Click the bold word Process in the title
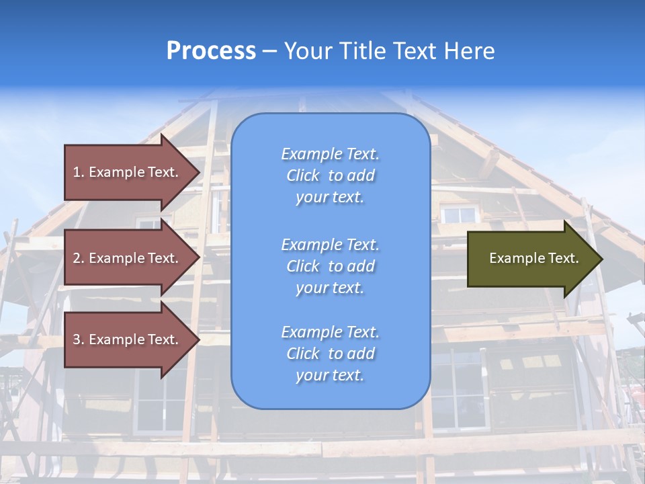tap(211, 51)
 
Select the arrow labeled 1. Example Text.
tap(128, 172)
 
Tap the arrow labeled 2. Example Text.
tap(128, 258)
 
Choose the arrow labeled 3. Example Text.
tap(128, 339)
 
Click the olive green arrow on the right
tap(531, 259)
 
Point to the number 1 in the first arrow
tap(77, 172)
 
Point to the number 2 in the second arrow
tap(77, 258)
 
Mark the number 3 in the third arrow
tap(77, 339)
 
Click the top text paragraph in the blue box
tap(331, 175)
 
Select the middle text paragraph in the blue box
tap(331, 266)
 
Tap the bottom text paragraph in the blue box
tap(331, 354)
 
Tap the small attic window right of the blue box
tap(460, 214)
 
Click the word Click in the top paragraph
tap(303, 175)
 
